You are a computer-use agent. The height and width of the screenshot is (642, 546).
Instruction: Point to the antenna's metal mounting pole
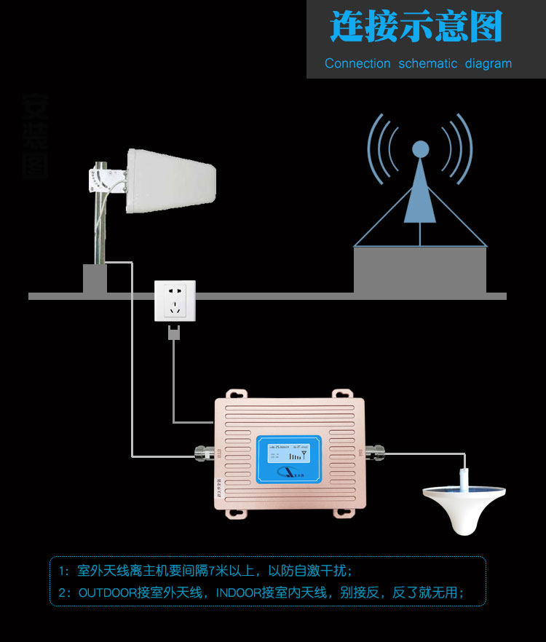(x=98, y=226)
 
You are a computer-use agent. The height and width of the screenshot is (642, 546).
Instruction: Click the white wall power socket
(x=175, y=300)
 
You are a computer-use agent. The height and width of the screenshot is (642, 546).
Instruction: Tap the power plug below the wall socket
(x=174, y=333)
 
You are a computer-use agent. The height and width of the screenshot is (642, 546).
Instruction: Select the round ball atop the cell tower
(x=420, y=149)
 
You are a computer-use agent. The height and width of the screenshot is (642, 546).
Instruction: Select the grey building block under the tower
(x=420, y=269)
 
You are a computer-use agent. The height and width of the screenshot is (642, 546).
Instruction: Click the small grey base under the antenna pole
(x=95, y=279)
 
